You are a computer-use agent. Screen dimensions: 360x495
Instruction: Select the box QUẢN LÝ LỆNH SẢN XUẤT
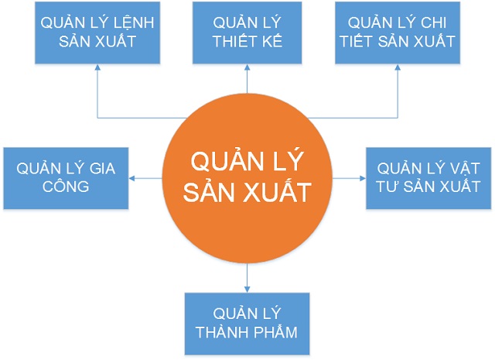click(98, 32)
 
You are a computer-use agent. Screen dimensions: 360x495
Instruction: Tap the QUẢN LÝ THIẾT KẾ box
click(247, 32)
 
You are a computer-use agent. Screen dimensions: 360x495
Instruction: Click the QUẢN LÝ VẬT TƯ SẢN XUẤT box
click(428, 177)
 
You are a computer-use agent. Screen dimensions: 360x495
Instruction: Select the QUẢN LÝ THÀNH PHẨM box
click(247, 324)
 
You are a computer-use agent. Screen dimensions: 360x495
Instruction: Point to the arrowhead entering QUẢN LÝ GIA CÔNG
click(131, 178)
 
